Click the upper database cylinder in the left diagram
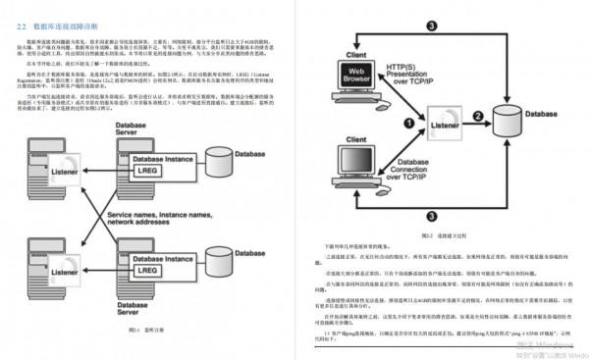218,161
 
